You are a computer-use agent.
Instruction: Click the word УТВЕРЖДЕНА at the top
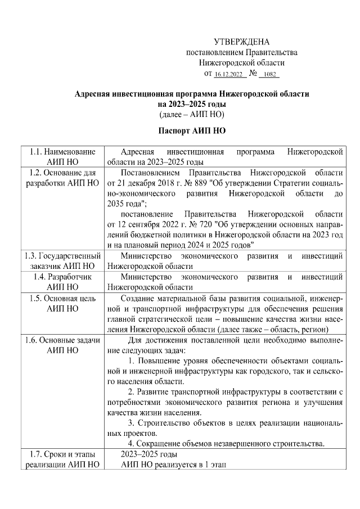[242, 42]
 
